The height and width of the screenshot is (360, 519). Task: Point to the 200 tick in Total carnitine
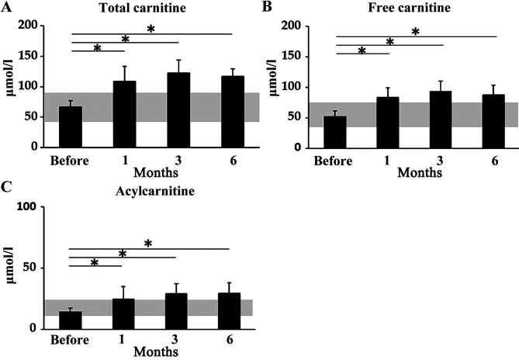click(x=35, y=26)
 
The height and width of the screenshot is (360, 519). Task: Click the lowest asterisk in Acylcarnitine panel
click(x=94, y=263)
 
